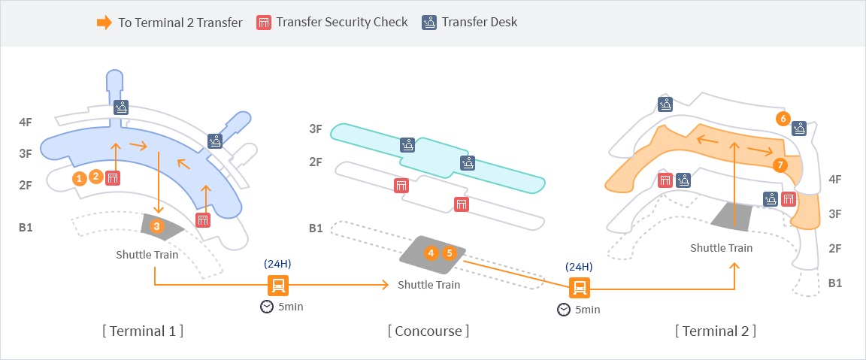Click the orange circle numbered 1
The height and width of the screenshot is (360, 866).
[x=79, y=178]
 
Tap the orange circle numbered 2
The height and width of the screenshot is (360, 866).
[x=95, y=177]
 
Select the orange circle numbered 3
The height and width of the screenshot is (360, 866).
[x=156, y=225]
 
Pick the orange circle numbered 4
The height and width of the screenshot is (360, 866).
[x=431, y=253]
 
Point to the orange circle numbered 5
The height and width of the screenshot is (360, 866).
[x=450, y=253]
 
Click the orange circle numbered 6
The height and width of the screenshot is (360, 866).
[x=783, y=119]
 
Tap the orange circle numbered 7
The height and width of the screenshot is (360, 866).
[x=780, y=165]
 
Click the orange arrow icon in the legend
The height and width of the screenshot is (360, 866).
[x=104, y=23]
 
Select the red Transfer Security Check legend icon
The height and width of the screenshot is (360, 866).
[x=264, y=22]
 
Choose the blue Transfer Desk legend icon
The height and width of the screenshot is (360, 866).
[x=429, y=22]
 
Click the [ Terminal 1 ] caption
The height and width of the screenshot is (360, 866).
[x=143, y=331]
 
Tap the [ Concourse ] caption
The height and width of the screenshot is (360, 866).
[x=428, y=331]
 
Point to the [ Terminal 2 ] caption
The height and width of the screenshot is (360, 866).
[x=716, y=331]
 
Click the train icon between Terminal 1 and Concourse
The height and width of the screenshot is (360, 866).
[x=278, y=286]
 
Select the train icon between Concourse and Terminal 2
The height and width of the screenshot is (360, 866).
[x=580, y=288]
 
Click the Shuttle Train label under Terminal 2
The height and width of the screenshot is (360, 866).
[x=721, y=248]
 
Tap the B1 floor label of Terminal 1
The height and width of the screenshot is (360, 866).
[x=26, y=227]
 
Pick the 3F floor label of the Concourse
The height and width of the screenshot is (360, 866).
[x=316, y=129]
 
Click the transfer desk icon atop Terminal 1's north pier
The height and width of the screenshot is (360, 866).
[x=122, y=107]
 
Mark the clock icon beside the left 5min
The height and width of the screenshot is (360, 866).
[x=266, y=307]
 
